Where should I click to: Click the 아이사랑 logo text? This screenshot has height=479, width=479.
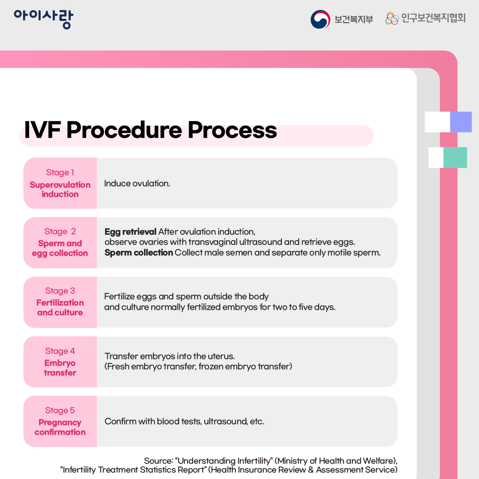[x=43, y=19]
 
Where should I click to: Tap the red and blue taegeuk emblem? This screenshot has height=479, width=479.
[x=320, y=19]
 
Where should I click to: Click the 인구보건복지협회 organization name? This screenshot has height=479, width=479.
[x=433, y=19]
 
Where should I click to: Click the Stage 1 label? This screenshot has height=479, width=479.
[x=60, y=172]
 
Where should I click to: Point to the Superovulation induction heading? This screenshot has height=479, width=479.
[x=60, y=190]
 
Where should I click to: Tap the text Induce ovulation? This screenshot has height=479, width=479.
[x=137, y=183]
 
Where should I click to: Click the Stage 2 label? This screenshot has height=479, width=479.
[x=60, y=231]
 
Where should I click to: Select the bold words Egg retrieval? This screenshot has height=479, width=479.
[x=130, y=232]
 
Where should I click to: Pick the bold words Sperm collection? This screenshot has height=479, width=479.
[x=139, y=253]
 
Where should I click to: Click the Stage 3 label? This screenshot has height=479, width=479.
[x=60, y=291]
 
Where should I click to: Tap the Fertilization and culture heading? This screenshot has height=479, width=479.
[x=60, y=308]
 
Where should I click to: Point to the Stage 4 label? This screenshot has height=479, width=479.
[x=60, y=351]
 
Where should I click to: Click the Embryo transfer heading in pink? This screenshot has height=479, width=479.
[x=60, y=368]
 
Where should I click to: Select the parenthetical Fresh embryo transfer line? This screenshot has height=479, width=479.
[x=199, y=367]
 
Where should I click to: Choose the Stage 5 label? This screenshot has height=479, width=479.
[x=60, y=410]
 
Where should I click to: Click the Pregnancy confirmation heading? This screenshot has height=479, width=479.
[x=60, y=427]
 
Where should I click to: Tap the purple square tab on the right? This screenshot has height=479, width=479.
[x=460, y=122]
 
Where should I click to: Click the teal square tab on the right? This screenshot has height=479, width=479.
[x=455, y=157]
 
